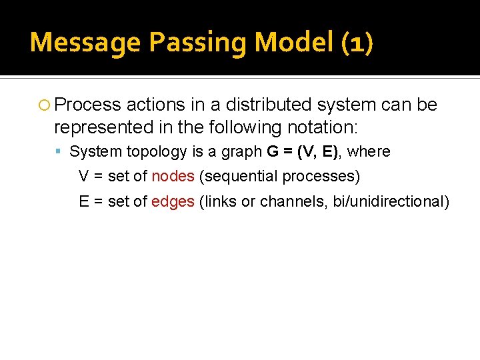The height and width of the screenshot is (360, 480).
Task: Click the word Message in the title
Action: click(x=85, y=43)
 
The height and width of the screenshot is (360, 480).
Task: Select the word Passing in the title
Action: click(x=198, y=43)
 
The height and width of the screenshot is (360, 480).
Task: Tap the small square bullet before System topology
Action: click(x=61, y=152)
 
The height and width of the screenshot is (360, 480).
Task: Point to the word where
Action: click(x=369, y=152)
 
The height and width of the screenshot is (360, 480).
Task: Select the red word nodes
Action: click(x=173, y=177)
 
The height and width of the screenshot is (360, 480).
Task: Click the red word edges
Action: click(x=173, y=202)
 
